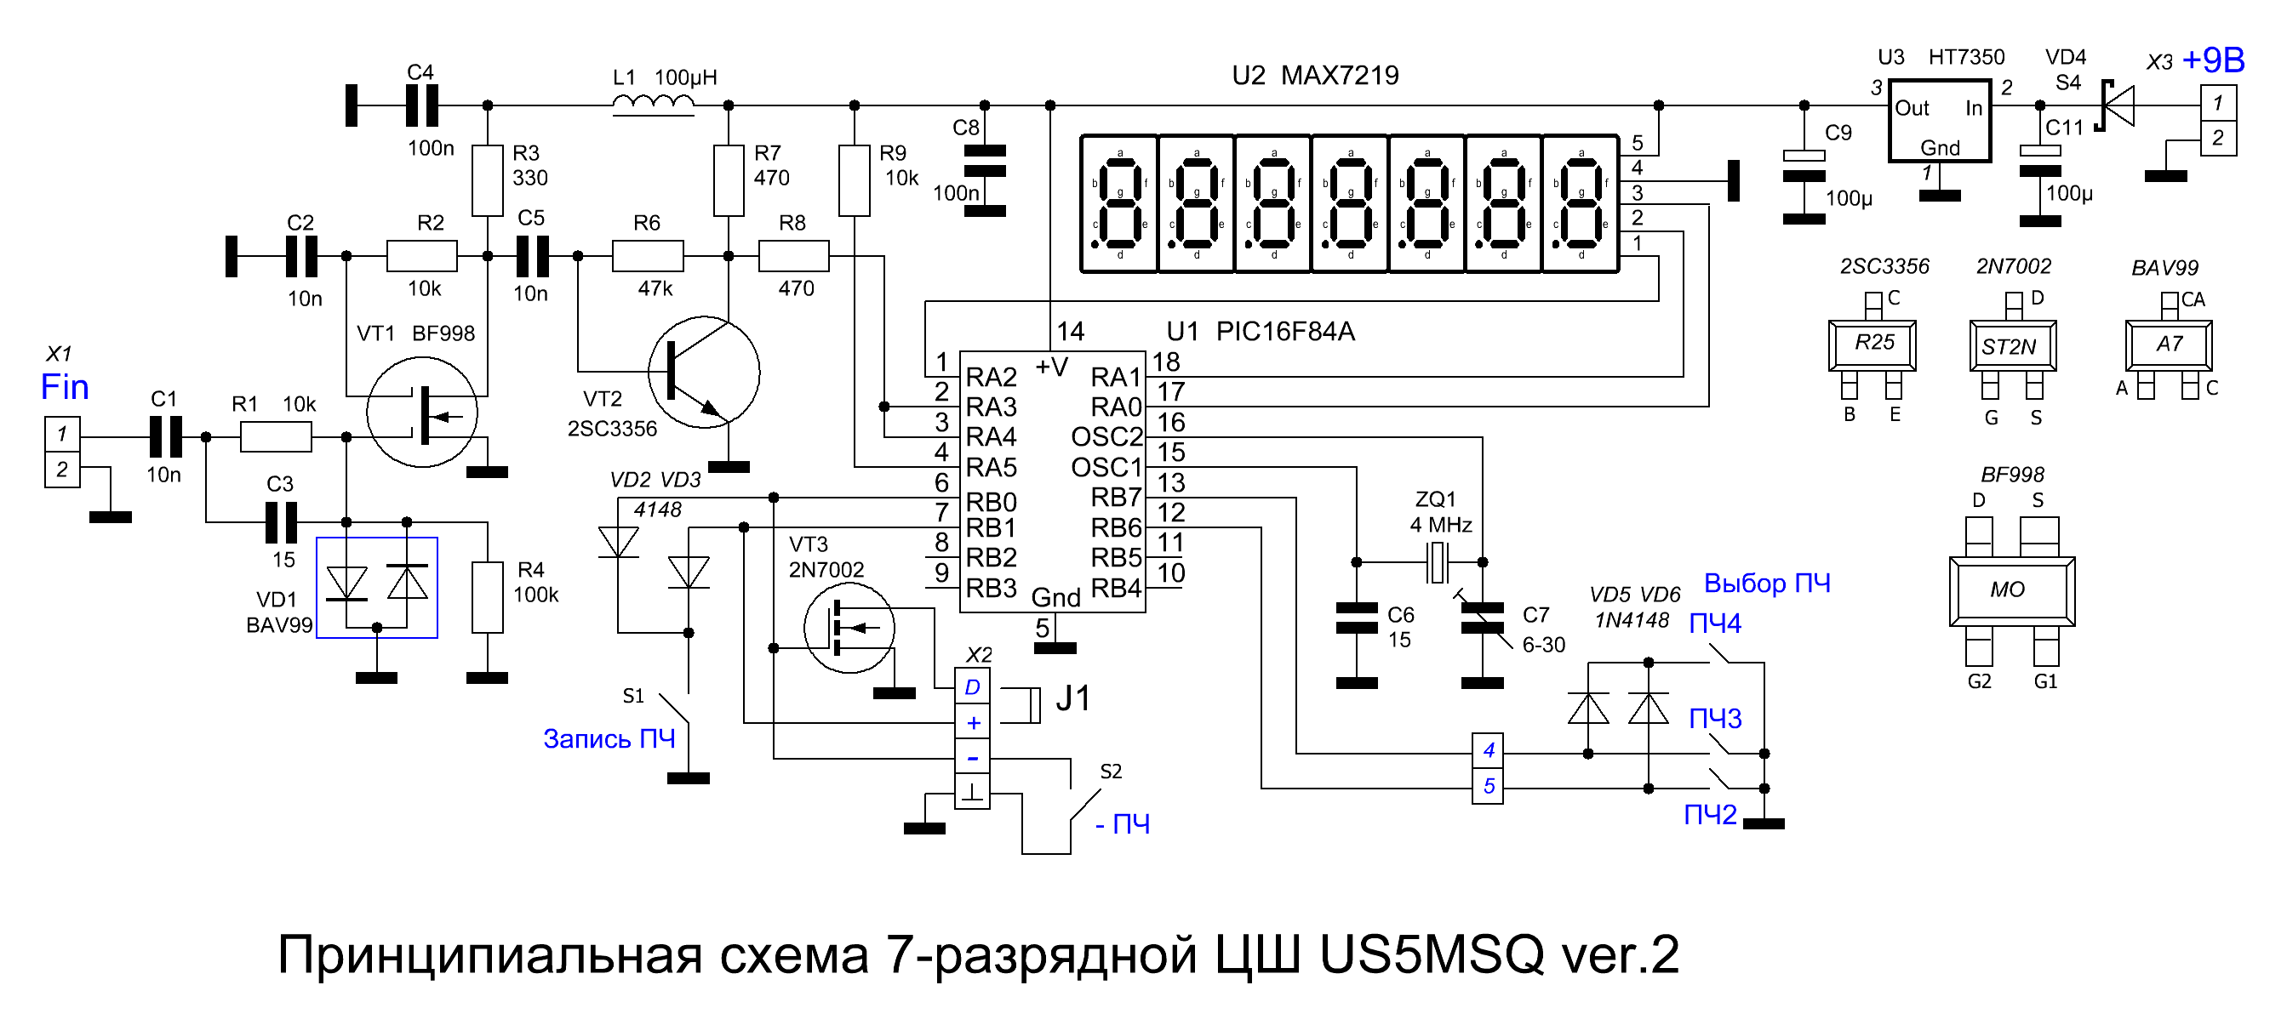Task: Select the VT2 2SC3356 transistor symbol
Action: [704, 373]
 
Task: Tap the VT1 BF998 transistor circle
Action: [423, 412]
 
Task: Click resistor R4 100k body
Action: [488, 597]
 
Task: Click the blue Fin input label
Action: [65, 387]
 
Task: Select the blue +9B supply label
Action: [2212, 60]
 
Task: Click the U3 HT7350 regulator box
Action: [1940, 122]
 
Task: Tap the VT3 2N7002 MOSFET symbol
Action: [849, 629]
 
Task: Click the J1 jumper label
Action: [1072, 699]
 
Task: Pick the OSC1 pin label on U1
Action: [1106, 468]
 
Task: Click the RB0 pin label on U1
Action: [991, 503]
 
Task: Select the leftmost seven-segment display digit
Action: [1119, 204]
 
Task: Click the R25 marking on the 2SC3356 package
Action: [1873, 343]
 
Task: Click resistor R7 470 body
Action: [729, 181]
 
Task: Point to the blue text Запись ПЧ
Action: [609, 738]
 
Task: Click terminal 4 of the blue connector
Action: [1488, 751]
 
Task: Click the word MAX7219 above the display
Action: [1340, 76]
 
